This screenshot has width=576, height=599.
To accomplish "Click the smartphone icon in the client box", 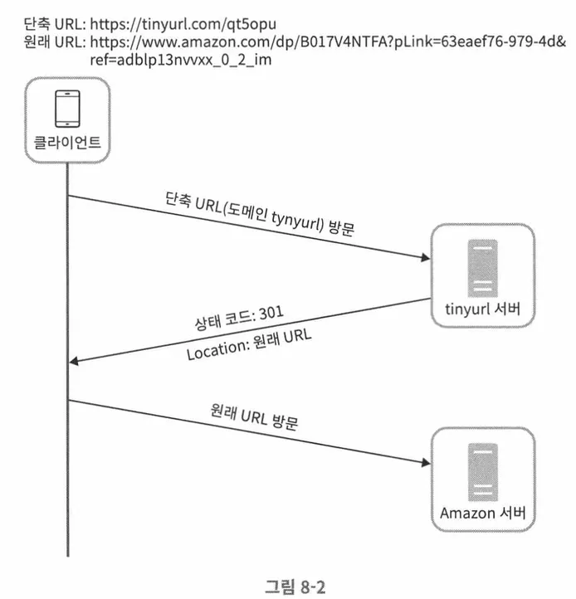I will coord(67,107).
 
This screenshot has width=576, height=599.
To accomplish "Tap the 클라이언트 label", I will coord(67,143).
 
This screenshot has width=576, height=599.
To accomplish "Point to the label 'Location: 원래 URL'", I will coord(249,341).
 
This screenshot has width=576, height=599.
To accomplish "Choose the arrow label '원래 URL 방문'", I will coord(255,416).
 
